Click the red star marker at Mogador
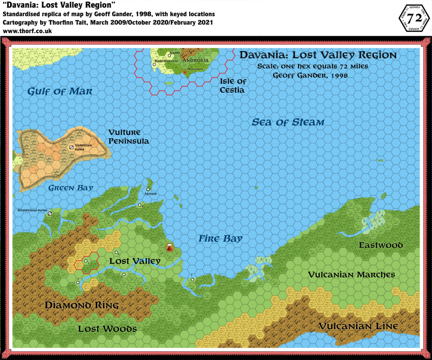(185, 73)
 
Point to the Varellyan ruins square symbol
(71, 147)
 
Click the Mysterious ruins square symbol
(50, 214)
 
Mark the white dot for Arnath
(148, 189)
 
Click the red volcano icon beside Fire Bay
(170, 248)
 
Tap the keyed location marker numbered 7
(192, 279)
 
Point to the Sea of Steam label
(288, 122)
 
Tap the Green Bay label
(70, 188)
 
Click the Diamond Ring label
(82, 305)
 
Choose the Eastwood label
(381, 245)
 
